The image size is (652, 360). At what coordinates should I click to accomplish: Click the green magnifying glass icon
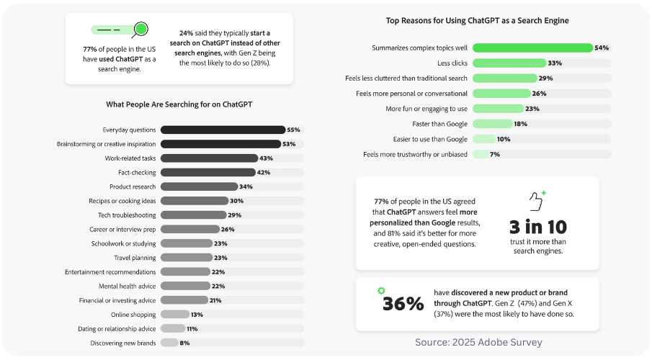click(141, 30)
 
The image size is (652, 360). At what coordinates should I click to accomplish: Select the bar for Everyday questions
click(222, 130)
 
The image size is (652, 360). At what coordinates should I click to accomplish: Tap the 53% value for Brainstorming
click(288, 144)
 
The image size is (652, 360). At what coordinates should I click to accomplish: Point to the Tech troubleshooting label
click(127, 215)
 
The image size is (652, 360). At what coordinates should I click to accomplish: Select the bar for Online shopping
click(174, 314)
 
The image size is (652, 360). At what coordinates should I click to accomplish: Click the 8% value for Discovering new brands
click(184, 343)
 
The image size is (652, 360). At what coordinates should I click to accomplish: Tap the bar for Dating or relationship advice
click(171, 328)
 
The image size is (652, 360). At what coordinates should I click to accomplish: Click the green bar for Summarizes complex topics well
click(532, 48)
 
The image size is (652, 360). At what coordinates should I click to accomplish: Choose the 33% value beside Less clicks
click(555, 63)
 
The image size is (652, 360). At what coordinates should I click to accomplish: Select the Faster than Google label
click(437, 124)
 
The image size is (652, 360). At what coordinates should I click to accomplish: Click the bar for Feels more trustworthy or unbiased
click(480, 154)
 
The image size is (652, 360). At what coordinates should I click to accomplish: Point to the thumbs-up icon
click(535, 199)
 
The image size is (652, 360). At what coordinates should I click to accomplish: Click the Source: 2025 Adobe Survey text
click(478, 342)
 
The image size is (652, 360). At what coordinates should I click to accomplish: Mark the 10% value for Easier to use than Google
click(504, 139)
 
